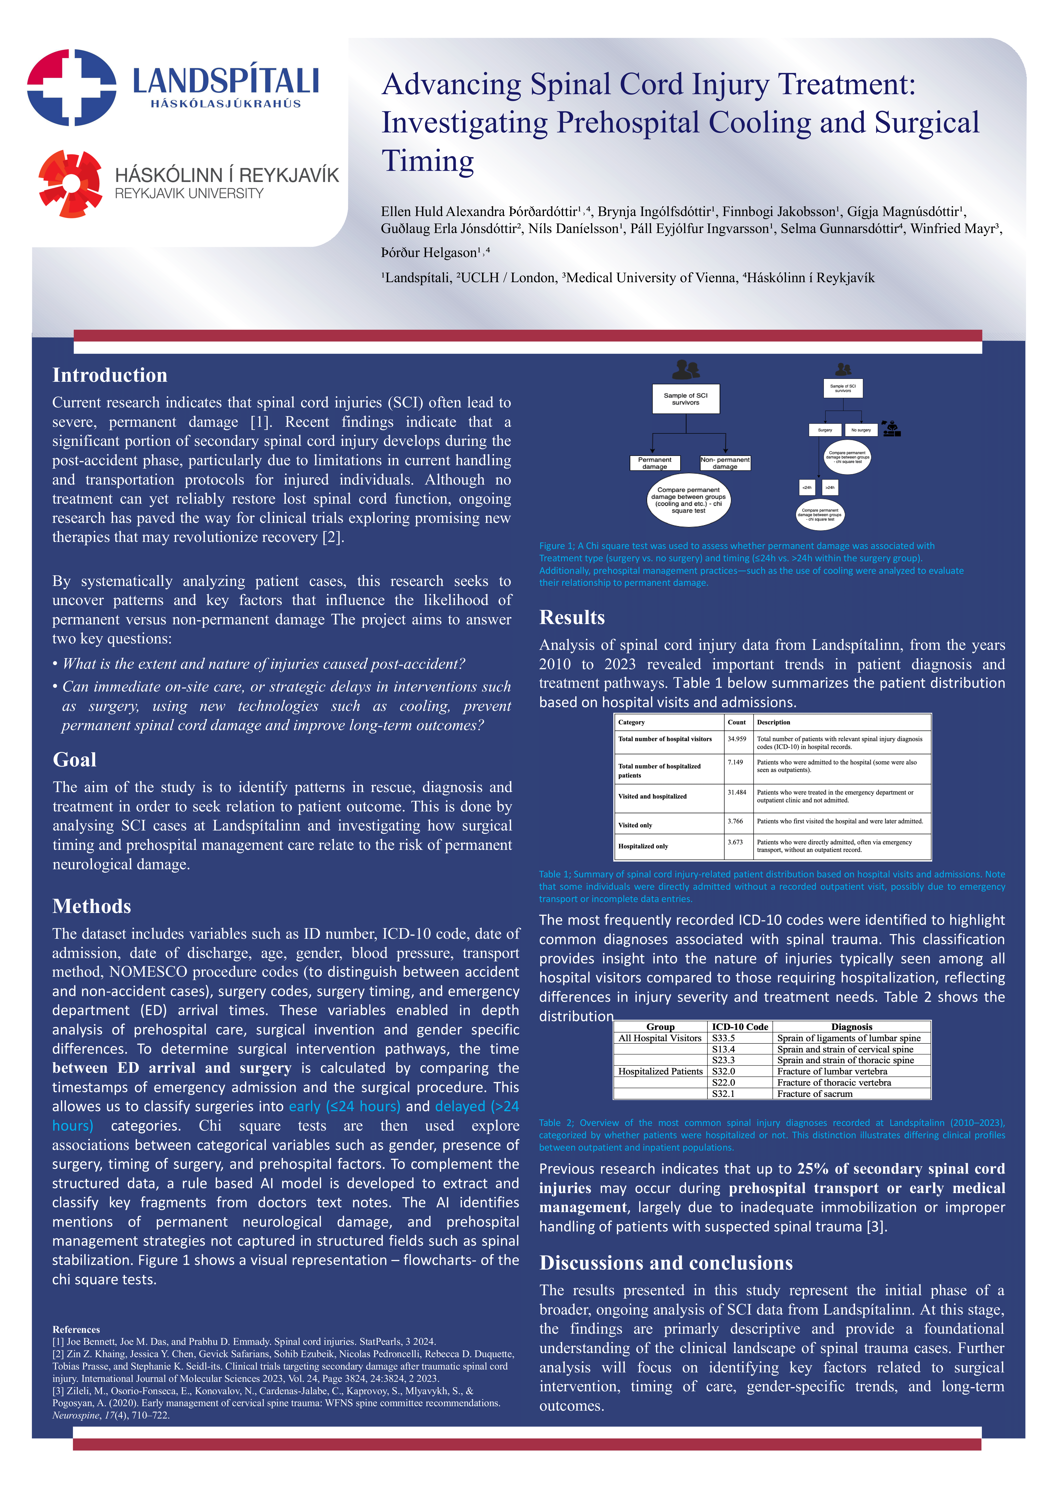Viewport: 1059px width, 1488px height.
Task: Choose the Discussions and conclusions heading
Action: (666, 1263)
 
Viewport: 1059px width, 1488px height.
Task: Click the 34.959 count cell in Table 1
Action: (737, 739)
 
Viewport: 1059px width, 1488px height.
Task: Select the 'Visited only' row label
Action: (635, 825)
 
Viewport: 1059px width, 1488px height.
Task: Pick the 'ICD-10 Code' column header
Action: (740, 1027)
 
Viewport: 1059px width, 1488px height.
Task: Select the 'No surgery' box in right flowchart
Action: (861, 430)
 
